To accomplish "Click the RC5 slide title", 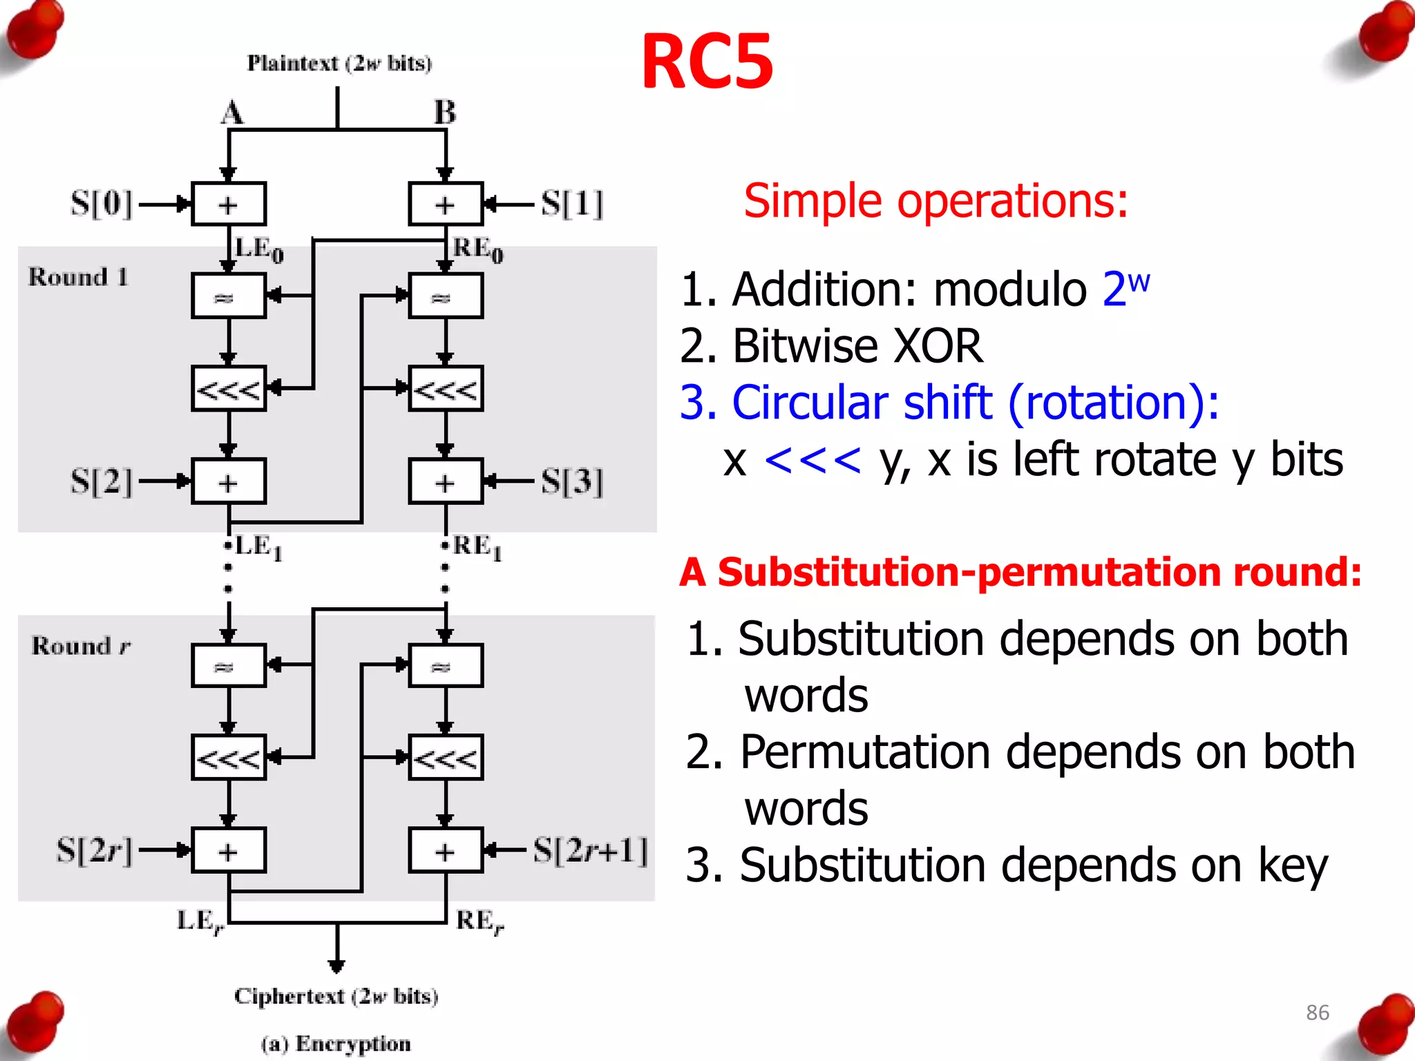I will tap(707, 62).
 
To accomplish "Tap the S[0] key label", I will tap(101, 204).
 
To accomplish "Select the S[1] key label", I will tap(572, 204).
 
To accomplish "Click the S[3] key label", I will tap(572, 481).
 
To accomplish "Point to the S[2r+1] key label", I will tap(591, 850).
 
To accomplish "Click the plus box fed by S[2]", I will tap(229, 481).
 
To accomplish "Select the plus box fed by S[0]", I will tap(229, 204).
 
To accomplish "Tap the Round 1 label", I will tap(78, 277).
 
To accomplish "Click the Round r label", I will tap(80, 646).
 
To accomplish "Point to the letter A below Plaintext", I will tap(232, 113).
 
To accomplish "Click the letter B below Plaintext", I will tap(445, 113).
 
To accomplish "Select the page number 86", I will tap(1317, 1013).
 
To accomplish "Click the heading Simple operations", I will tap(936, 201).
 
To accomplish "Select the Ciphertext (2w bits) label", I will tap(336, 996).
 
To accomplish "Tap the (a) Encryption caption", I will tap(336, 1043).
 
